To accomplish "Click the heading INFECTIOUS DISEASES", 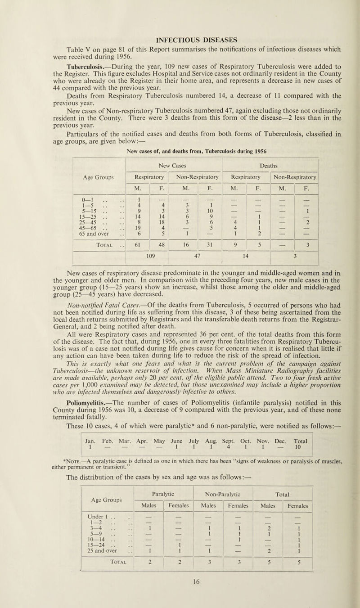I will point(180,20).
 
